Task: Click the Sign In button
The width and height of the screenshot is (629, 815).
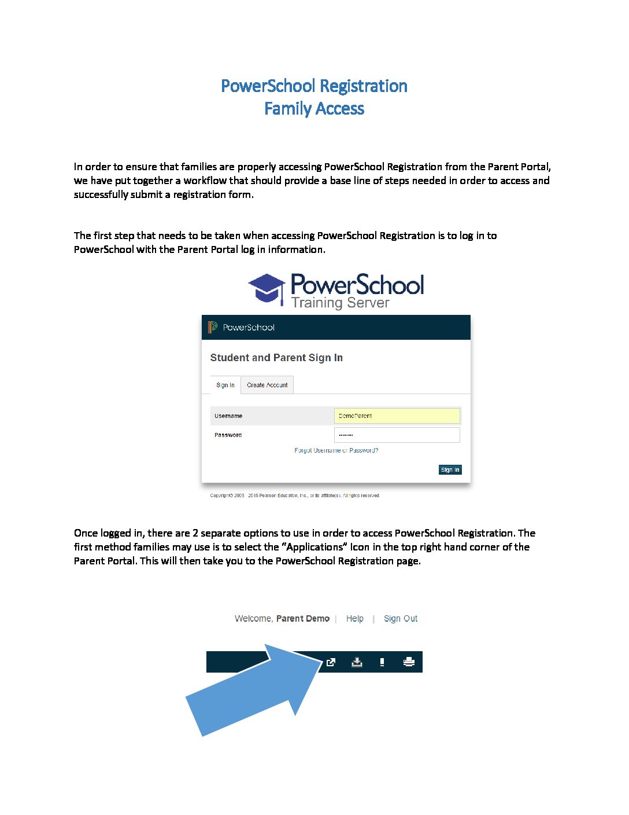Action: pos(450,470)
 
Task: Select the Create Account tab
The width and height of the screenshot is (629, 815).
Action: pos(267,385)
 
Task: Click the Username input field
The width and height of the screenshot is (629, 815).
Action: pos(397,416)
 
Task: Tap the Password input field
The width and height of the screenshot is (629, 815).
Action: pos(397,435)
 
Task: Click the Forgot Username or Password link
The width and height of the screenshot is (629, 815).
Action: pos(336,450)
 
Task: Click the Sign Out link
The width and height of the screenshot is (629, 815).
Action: pos(400,619)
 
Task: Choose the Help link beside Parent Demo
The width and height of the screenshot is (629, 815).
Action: pos(354,619)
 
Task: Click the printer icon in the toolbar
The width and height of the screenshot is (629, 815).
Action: pos(409,662)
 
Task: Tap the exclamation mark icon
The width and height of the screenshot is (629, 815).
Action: pos(382,662)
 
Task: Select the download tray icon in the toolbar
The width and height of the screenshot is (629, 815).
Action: pos(357,662)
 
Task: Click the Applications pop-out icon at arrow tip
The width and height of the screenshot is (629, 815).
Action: pos(331,662)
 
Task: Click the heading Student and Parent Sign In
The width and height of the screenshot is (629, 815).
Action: pos(276,358)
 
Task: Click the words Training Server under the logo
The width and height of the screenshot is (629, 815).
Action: pos(340,303)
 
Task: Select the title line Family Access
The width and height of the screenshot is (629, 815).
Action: pos(314,109)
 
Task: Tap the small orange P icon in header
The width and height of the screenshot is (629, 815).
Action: pos(213,327)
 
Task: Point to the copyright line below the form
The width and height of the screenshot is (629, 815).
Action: pos(294,495)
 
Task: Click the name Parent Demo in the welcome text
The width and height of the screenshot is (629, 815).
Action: pos(302,619)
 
